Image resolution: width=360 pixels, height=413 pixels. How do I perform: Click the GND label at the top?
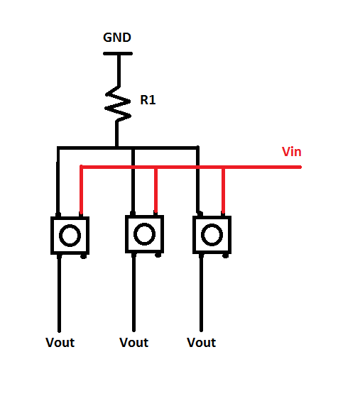[x=117, y=38]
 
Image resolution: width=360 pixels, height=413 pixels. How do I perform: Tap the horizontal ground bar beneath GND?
[x=117, y=53]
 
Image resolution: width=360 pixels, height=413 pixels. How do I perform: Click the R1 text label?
[x=148, y=101]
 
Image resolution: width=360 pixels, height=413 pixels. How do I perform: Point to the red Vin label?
[x=293, y=152]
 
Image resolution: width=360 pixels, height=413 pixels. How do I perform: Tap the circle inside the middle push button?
[x=144, y=233]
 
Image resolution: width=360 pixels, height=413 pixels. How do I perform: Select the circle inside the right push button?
[x=212, y=234]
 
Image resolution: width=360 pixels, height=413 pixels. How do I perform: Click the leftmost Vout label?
[x=60, y=343]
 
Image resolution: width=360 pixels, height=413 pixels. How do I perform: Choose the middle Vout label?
[x=133, y=343]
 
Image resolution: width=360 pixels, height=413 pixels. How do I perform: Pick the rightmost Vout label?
[x=201, y=343]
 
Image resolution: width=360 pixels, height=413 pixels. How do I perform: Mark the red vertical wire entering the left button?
[x=82, y=192]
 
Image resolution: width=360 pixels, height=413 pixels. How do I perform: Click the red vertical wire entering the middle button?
[x=156, y=192]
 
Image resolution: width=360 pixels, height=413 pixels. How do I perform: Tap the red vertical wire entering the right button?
[x=224, y=192]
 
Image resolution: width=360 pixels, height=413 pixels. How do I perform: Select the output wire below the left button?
[x=59, y=291]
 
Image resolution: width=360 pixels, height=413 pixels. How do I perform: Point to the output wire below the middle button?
[x=133, y=291]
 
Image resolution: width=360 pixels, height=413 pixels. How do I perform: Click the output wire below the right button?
[x=200, y=291]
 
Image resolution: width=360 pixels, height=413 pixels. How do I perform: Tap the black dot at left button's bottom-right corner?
[x=84, y=255]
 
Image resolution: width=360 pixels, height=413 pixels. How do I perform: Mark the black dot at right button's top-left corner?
[x=200, y=214]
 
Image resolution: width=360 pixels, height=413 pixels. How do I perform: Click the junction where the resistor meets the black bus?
[x=118, y=148]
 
